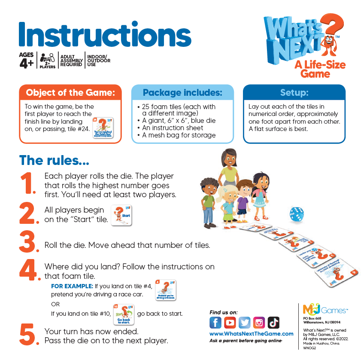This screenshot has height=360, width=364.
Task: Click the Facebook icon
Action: tap(215, 322)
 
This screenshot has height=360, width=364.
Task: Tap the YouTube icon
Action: tap(230, 322)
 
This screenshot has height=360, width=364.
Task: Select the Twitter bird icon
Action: tap(245, 322)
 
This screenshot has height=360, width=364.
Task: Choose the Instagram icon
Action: tap(259, 322)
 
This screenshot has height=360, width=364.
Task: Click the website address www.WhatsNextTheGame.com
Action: tap(252, 333)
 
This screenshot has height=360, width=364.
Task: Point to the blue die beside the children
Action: tap(296, 214)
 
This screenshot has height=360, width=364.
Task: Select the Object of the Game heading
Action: tap(70, 93)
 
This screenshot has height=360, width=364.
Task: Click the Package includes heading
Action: tap(182, 93)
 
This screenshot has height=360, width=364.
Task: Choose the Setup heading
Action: tap(294, 93)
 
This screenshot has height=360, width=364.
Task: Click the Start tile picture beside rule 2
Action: tap(121, 215)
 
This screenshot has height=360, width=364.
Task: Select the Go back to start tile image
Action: tap(124, 314)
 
